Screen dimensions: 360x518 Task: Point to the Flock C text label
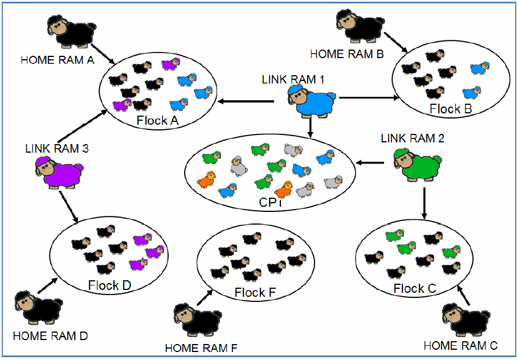[x=415, y=289]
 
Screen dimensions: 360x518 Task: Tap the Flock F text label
[x=255, y=293]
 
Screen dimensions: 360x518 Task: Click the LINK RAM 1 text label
[x=293, y=80]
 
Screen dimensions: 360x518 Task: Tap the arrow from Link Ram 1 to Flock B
[x=368, y=97]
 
